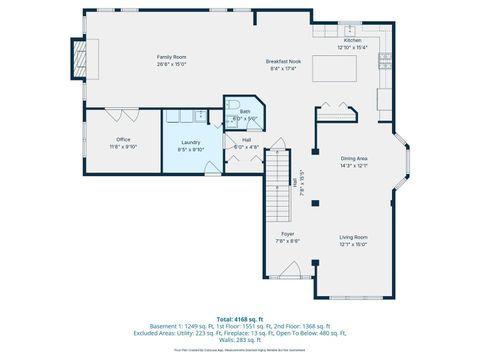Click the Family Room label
point(171,57)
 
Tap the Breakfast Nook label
point(284,61)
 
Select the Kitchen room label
point(353,40)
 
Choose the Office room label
point(123,139)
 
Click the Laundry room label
point(191,143)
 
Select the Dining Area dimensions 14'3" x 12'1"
point(354,166)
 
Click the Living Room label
point(353,237)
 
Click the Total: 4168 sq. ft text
point(240,318)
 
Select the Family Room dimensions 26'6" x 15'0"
point(171,64)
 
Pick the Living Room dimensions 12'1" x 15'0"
point(353,244)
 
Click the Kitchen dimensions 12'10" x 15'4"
point(353,47)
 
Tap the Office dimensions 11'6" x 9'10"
point(123,146)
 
